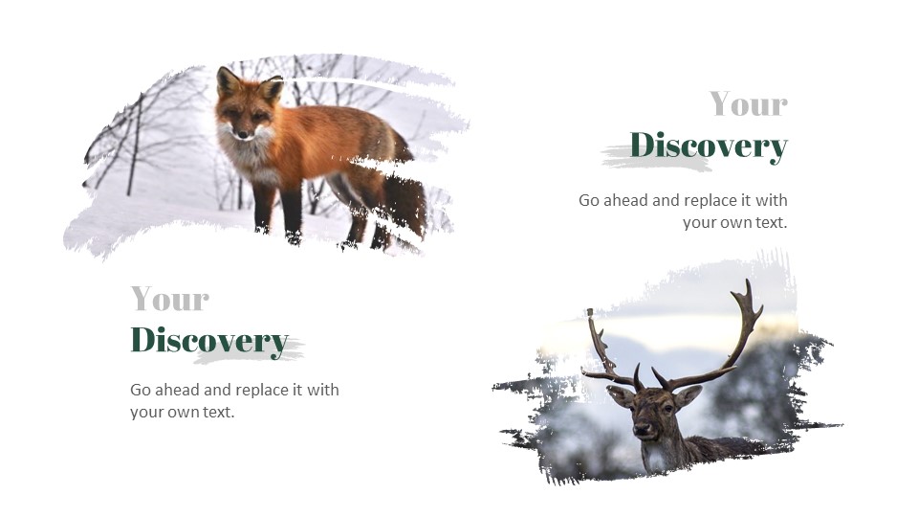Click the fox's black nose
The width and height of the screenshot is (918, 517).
[x=242, y=135]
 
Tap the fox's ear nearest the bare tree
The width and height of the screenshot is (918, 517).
[x=227, y=80]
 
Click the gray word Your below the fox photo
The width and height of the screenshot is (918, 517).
[x=169, y=299]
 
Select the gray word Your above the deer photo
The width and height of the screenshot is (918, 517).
[x=748, y=103]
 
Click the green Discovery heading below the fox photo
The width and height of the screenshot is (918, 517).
[x=208, y=340]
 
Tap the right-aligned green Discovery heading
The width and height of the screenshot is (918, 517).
[x=708, y=146]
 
